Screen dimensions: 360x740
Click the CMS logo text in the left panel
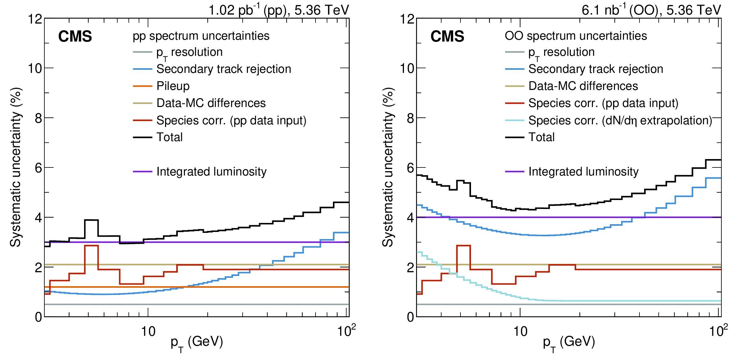[x=75, y=37]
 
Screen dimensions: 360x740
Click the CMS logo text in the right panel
[x=447, y=37]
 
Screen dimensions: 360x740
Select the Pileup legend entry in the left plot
[x=173, y=86]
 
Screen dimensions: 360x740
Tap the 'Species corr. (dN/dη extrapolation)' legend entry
[x=620, y=120]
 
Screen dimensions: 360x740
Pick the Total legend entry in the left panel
[x=169, y=137]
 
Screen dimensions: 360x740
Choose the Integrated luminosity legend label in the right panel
[x=583, y=171]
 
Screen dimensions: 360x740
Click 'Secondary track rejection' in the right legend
[x=595, y=69]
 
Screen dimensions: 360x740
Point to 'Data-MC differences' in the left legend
[x=211, y=103]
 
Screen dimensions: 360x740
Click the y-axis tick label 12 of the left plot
[x=35, y=19]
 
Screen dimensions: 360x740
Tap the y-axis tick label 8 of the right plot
[x=410, y=118]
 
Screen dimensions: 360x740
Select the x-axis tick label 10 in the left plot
[x=148, y=332]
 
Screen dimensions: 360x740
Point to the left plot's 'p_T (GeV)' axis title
[x=197, y=343]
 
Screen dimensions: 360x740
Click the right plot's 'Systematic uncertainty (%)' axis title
[x=388, y=167]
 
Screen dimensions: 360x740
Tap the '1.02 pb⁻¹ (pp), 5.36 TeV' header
[x=279, y=10]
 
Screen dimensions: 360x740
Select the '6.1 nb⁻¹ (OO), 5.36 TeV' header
[x=651, y=10]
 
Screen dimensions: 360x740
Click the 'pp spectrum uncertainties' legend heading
[x=201, y=36]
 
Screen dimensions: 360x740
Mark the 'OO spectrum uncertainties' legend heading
[x=576, y=36]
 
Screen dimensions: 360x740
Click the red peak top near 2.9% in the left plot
[x=92, y=246]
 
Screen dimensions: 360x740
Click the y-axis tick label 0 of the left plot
[x=38, y=317]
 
